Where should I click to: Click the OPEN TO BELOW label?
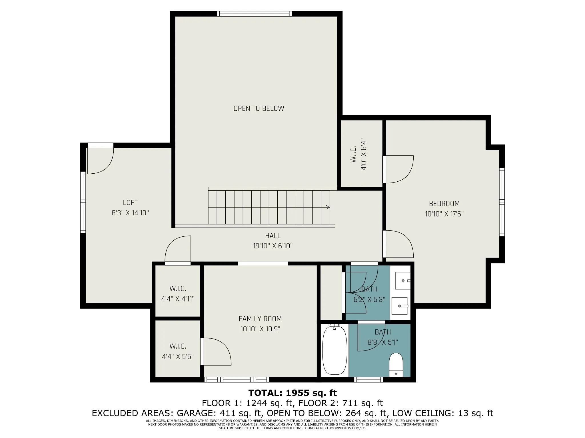259,108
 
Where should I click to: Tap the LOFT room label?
130,202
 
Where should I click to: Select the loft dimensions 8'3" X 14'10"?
130,213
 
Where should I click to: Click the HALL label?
273,236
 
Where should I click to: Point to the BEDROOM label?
444,204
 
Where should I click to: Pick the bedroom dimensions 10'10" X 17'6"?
444,214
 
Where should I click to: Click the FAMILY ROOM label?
260,319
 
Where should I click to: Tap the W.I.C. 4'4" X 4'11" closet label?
178,294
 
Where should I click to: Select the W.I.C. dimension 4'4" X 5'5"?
178,356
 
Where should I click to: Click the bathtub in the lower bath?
334,350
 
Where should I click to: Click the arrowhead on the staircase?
328,207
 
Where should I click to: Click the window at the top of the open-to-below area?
254,14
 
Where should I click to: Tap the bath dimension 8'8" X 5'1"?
383,342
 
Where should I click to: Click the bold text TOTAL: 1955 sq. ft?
292,393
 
